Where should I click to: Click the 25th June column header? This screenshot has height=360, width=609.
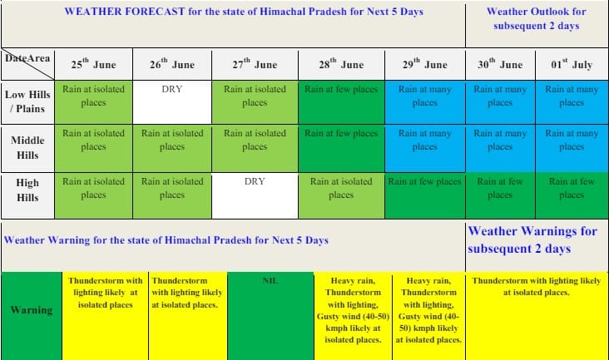point(94,64)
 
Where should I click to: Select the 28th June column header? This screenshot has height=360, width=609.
point(341,64)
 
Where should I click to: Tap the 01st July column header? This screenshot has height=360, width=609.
point(572,64)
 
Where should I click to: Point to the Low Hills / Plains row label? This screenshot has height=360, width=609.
point(27,102)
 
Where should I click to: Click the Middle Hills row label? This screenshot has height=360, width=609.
point(27,148)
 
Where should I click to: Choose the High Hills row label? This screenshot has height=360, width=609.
point(27,190)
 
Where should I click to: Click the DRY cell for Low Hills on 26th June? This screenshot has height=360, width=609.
point(172,102)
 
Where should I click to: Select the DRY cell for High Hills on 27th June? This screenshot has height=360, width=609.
point(255,195)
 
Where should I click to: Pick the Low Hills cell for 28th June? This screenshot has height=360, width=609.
point(341,102)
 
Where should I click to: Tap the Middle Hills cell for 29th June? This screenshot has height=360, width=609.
point(425,148)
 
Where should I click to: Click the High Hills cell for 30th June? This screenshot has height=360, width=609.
point(500,195)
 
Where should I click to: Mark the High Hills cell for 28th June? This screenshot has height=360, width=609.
point(341,195)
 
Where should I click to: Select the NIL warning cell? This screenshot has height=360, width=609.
point(270,316)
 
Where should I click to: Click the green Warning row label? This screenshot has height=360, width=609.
point(32,316)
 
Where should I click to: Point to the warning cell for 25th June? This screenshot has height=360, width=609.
point(106,316)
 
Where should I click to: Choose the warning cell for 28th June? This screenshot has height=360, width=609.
point(353,316)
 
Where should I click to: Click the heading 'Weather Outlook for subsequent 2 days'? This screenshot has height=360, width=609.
point(537,18)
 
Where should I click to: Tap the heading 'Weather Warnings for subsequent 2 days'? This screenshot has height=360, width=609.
point(532,239)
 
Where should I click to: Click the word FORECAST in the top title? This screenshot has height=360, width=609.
point(154,12)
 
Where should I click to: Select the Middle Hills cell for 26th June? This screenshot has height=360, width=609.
point(172,148)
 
